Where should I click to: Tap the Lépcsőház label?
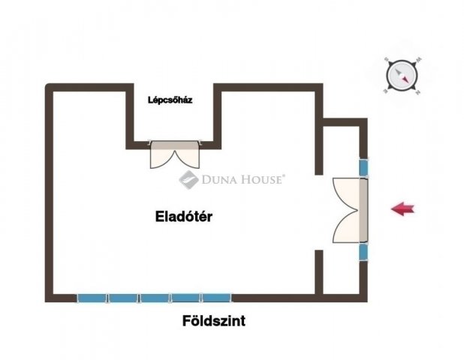click(x=170, y=99)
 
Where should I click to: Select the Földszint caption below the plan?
click(x=214, y=322)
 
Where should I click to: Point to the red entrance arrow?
click(x=403, y=209)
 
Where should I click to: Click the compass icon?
click(x=402, y=75)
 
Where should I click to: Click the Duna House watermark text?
click(x=242, y=179)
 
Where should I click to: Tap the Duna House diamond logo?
click(x=186, y=179)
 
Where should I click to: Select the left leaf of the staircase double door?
click(x=163, y=155)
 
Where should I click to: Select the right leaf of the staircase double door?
click(x=187, y=155)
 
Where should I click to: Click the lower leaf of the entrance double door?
click(x=347, y=228)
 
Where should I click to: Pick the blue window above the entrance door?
click(x=363, y=166)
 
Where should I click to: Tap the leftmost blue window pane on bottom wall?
click(x=92, y=298)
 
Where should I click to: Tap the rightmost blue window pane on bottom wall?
click(x=217, y=298)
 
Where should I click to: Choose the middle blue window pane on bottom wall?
click(x=155, y=298)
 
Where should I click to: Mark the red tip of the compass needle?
click(x=408, y=79)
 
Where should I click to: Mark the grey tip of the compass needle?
click(x=396, y=70)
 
